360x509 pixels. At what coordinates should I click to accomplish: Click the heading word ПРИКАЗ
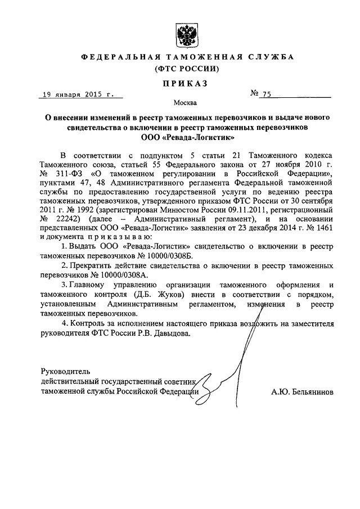(x=183, y=83)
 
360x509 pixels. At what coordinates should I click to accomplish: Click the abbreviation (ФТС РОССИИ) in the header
(x=183, y=69)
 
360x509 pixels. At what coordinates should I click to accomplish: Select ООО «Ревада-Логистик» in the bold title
(x=183, y=137)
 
